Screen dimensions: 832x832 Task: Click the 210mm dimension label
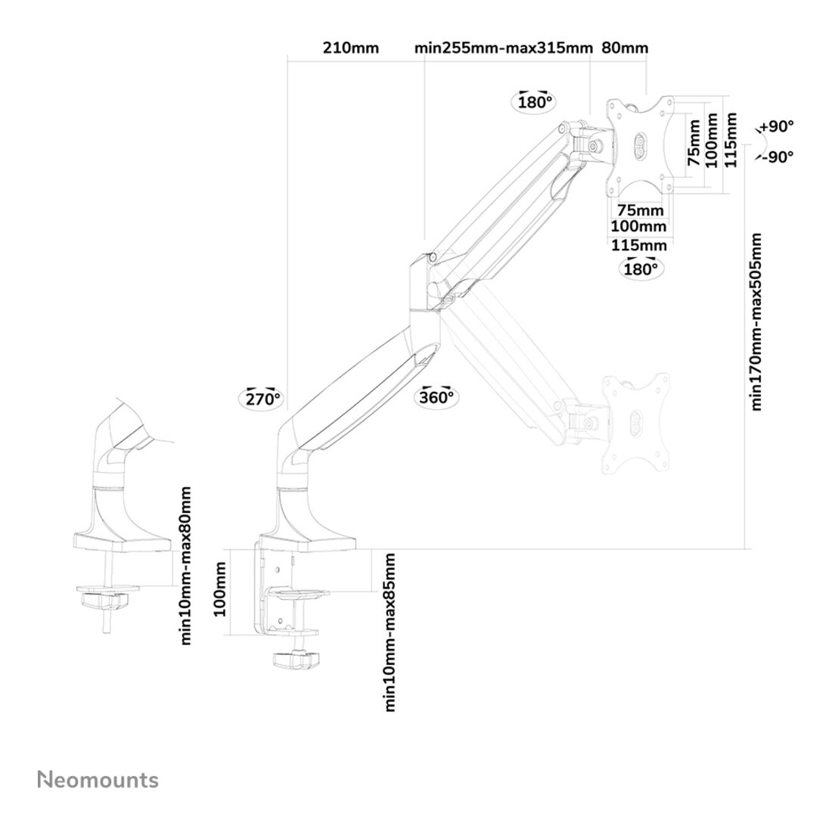pos(350,48)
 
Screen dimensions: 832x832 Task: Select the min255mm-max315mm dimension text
pos(503,48)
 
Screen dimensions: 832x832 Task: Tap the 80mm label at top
pos(625,48)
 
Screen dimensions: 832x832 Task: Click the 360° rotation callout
pos(436,396)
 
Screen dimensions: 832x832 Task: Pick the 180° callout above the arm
pos(536,101)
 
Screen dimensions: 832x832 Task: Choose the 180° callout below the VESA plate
pos(640,267)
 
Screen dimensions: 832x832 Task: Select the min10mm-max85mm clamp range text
pos(390,632)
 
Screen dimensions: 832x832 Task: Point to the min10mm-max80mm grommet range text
pos(186,566)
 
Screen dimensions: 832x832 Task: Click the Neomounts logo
pos(98,780)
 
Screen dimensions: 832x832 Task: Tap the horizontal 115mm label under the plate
pos(639,245)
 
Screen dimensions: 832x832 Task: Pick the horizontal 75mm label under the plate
pos(640,210)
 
